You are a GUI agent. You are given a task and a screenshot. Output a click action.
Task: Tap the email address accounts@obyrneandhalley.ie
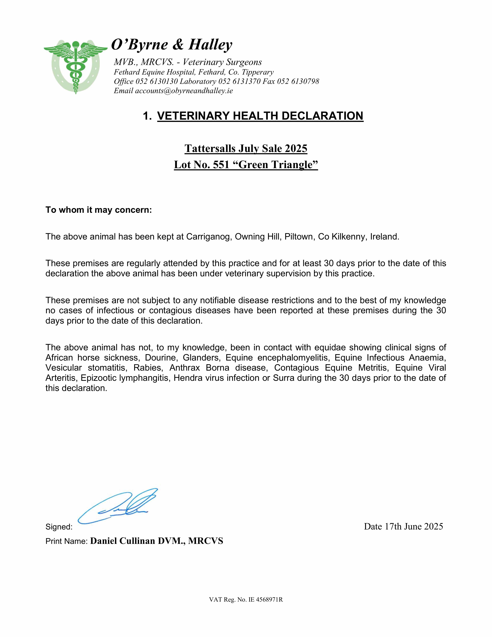click(184, 91)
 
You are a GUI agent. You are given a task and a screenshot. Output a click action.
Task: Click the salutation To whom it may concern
click(99, 210)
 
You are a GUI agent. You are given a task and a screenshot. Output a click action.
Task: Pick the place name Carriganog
click(209, 237)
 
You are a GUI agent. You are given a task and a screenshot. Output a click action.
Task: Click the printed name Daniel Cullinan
click(123, 541)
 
